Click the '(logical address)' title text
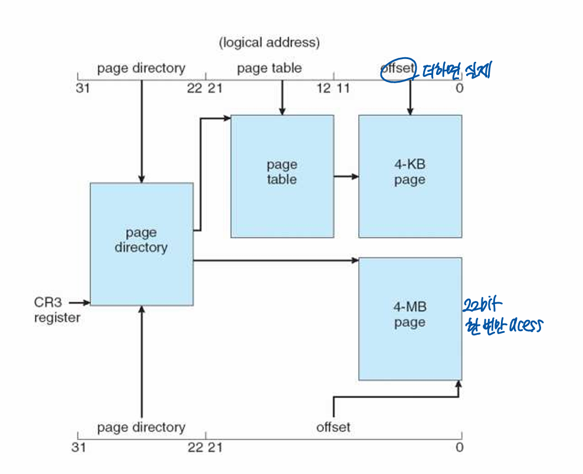pos(269,43)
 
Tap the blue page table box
pos(281,176)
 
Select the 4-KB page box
pos(410,176)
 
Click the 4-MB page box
pos(410,318)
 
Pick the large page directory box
pos(141,244)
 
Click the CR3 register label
pos(57,310)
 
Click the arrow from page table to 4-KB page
pos(346,176)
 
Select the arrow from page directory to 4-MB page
pos(276,259)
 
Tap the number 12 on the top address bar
pos(323,89)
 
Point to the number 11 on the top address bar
pos(343,89)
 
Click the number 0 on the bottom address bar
pos(459,447)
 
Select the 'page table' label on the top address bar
pos(269,68)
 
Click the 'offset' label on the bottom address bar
pos(333,427)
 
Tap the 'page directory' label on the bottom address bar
pos(141,427)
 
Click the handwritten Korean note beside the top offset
pos(454,72)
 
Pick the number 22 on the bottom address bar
pos(195,447)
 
